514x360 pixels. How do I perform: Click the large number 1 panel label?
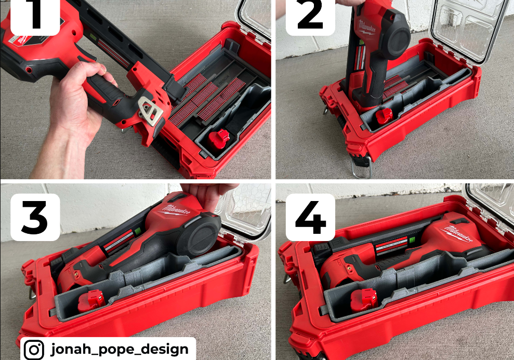click(x=35, y=17)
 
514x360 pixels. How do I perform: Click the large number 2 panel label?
click(x=310, y=17)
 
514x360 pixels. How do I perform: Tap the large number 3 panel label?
click(x=35, y=217)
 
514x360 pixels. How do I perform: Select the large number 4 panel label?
click(x=310, y=217)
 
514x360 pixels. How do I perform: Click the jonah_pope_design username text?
click(x=120, y=349)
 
